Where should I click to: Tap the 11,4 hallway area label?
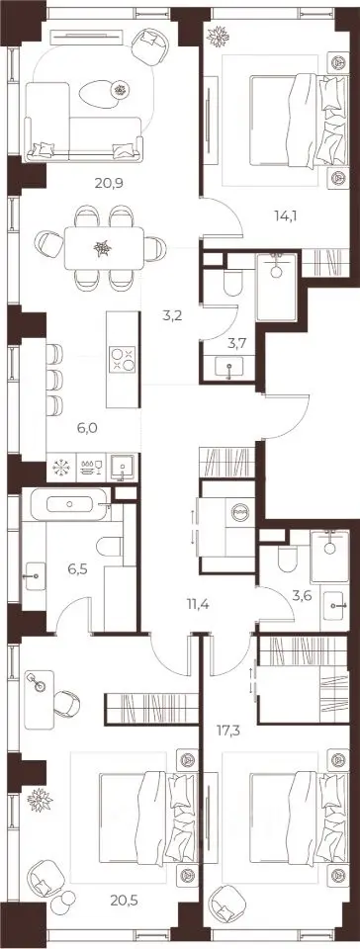click(x=200, y=603)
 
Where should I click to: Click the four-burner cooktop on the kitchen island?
click(x=123, y=360)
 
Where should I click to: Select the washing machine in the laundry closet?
click(x=239, y=513)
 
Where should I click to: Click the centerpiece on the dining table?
click(x=102, y=248)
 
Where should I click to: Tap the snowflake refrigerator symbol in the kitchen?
click(x=61, y=469)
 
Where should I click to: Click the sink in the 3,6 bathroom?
click(x=334, y=604)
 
